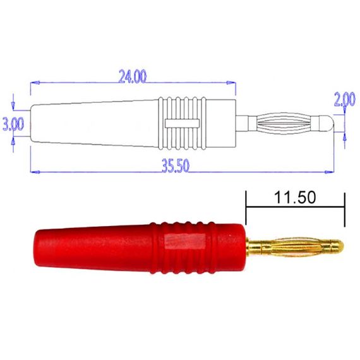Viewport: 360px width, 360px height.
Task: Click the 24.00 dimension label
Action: point(133,76)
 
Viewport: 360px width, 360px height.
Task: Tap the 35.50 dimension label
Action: point(176,165)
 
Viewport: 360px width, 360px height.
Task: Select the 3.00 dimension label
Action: point(13,124)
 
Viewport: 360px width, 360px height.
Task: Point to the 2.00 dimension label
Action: point(345,99)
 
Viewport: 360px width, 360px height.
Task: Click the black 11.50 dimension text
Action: point(295,198)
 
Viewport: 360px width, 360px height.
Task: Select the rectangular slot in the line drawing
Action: point(182,123)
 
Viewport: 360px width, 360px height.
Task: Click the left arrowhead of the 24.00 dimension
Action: point(35,83)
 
